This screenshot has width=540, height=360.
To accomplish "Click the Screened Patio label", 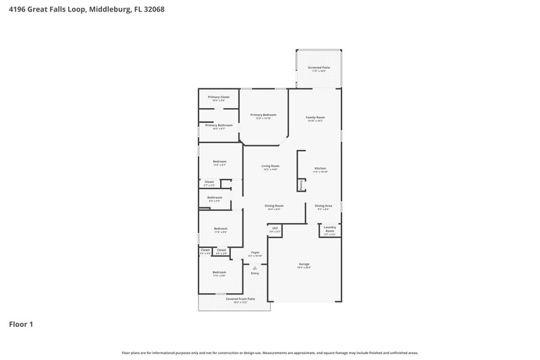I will pos(319,68).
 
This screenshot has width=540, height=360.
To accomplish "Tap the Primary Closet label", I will pos(219,97).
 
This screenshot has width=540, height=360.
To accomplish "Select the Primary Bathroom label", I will pos(219,125).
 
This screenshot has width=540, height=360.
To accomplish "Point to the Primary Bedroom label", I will pos(263,115).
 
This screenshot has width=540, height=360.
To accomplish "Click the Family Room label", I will pos(315,118).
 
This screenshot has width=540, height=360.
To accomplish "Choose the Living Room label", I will pos(271,165).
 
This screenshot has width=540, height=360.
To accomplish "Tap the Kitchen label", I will pos(320,168).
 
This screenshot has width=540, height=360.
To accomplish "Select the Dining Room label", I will pos(273,205).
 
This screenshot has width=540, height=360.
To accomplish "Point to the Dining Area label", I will pos(324,205).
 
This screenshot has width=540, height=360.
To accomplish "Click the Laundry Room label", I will pos(329,229).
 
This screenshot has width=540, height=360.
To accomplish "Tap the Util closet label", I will pos(275,228).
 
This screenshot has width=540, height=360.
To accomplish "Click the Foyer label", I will pos(255,253).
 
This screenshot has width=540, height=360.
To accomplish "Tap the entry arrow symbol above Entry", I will pos(255,267).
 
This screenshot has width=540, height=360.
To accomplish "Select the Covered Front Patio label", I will pos(240,299).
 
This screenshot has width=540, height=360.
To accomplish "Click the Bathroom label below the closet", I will pos(215,197).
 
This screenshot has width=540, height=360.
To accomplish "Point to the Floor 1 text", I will pos(21,324).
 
